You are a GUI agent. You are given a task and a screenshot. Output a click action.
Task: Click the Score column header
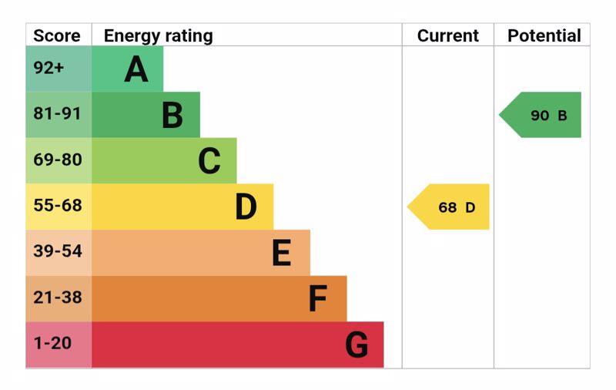pyautogui.click(x=57, y=35)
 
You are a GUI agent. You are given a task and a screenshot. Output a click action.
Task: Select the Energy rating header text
pyautogui.click(x=158, y=35)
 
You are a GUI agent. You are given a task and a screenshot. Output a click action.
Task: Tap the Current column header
pyautogui.click(x=447, y=35)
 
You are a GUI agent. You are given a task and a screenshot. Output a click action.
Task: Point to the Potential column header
pyautogui.click(x=544, y=35)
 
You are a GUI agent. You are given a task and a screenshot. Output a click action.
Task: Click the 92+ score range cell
pyautogui.click(x=49, y=68)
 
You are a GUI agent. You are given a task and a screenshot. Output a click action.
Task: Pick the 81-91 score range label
pyautogui.click(x=57, y=114)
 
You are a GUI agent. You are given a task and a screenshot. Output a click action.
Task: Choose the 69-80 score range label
pyautogui.click(x=57, y=160)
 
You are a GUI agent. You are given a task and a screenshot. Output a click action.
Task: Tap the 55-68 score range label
pyautogui.click(x=57, y=206)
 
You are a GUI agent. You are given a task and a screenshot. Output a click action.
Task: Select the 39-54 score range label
pyautogui.click(x=57, y=251)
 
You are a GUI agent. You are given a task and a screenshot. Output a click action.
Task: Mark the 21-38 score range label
pyautogui.click(x=57, y=298)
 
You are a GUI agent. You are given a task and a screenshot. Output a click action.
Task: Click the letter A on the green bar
pyautogui.click(x=136, y=69)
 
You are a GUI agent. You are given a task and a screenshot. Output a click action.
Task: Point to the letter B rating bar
pyautogui.click(x=172, y=116)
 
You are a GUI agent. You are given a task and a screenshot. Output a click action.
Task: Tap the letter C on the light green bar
pyautogui.click(x=209, y=161)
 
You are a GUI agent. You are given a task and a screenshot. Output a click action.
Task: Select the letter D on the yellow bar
pyautogui.click(x=246, y=207)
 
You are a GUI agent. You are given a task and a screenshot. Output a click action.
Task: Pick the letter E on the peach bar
pyautogui.click(x=282, y=253)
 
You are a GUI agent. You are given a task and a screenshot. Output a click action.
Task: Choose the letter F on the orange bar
pyautogui.click(x=317, y=299)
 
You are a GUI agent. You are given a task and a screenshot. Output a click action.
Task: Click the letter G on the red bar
pyautogui.click(x=356, y=345)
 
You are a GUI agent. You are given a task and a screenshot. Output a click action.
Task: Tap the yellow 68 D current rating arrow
pyautogui.click(x=450, y=207)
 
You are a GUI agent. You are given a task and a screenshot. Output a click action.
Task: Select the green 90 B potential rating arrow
pyautogui.click(x=543, y=115)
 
